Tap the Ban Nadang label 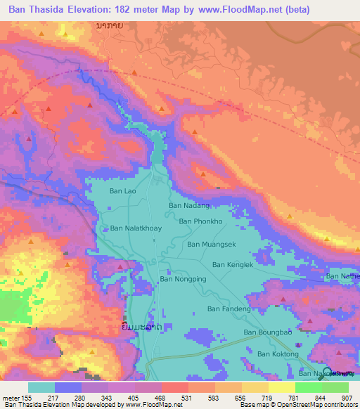189,206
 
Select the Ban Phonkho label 200,221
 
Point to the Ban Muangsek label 210,245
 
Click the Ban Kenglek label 232,264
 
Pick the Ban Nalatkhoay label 136,228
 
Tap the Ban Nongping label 184,279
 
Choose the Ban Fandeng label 229,309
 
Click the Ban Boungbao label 267,332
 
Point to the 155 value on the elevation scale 27,398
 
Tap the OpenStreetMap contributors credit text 324,405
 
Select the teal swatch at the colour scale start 41,387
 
